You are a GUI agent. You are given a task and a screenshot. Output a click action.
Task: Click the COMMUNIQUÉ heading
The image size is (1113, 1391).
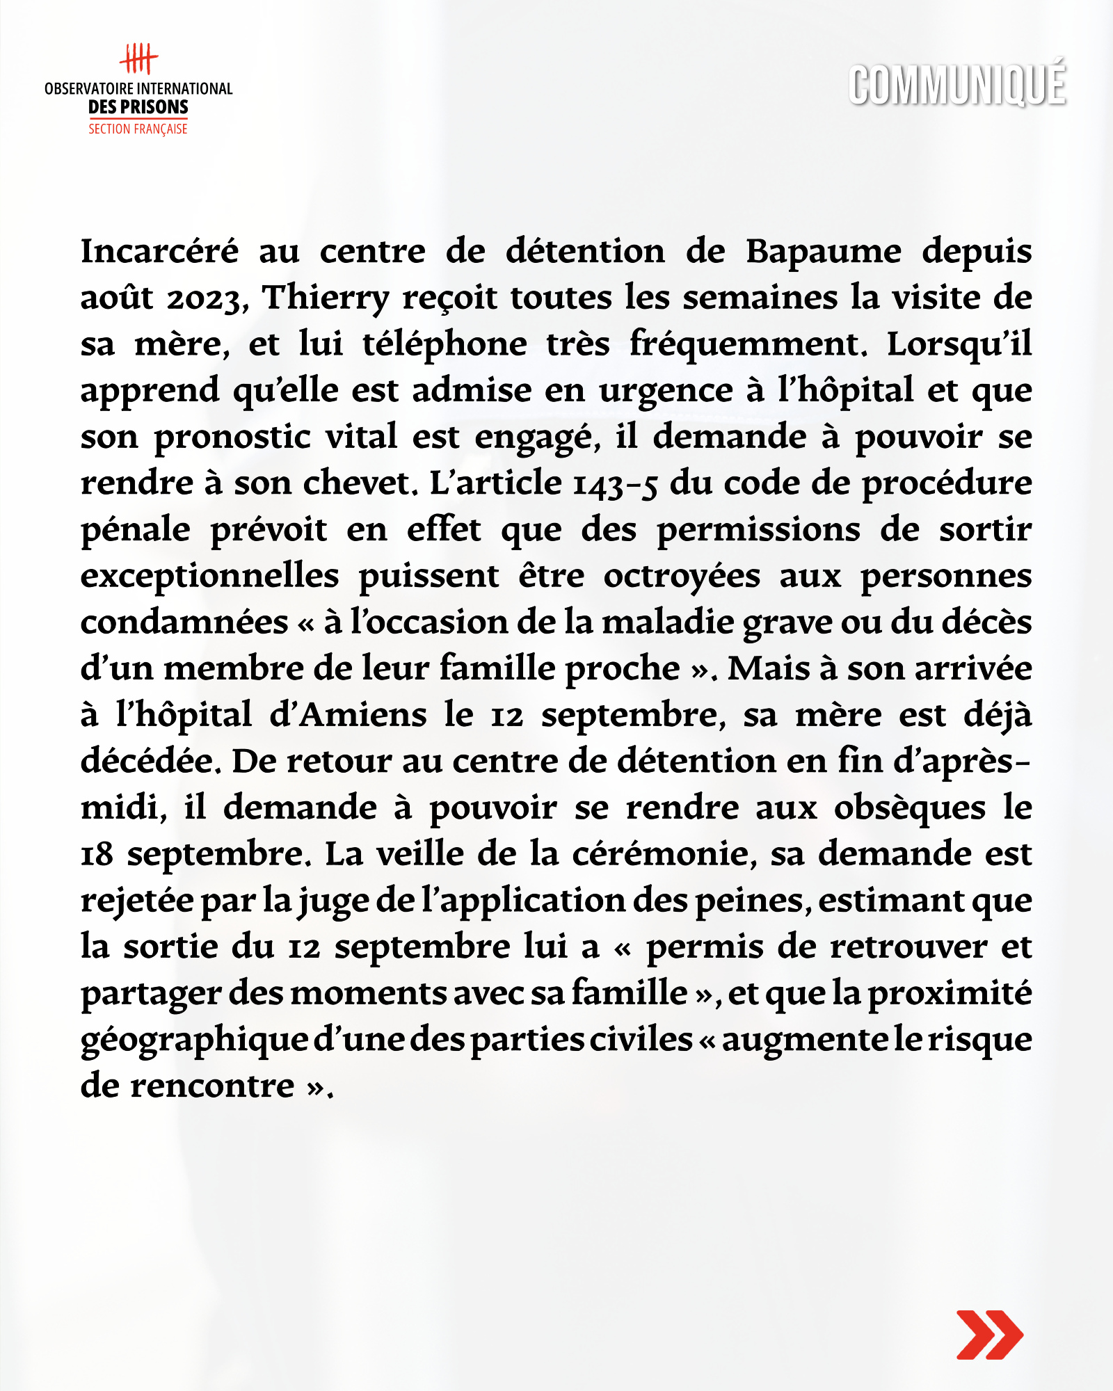pos(957,86)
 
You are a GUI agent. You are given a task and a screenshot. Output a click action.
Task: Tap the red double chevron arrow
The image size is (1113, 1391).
pos(989,1334)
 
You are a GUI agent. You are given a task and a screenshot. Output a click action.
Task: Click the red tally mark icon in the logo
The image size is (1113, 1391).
pos(138,59)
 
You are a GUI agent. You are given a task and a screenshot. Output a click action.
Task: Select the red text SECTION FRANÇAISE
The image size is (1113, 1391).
pos(138,129)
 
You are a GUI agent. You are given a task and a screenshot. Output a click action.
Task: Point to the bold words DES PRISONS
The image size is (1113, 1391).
pos(138,107)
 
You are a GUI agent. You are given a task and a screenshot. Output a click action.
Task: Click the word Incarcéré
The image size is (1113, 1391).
pos(160,251)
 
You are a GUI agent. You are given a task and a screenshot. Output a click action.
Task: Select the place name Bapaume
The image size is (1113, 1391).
pos(824,252)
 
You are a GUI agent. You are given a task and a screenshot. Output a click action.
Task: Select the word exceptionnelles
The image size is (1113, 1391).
pos(210,577)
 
